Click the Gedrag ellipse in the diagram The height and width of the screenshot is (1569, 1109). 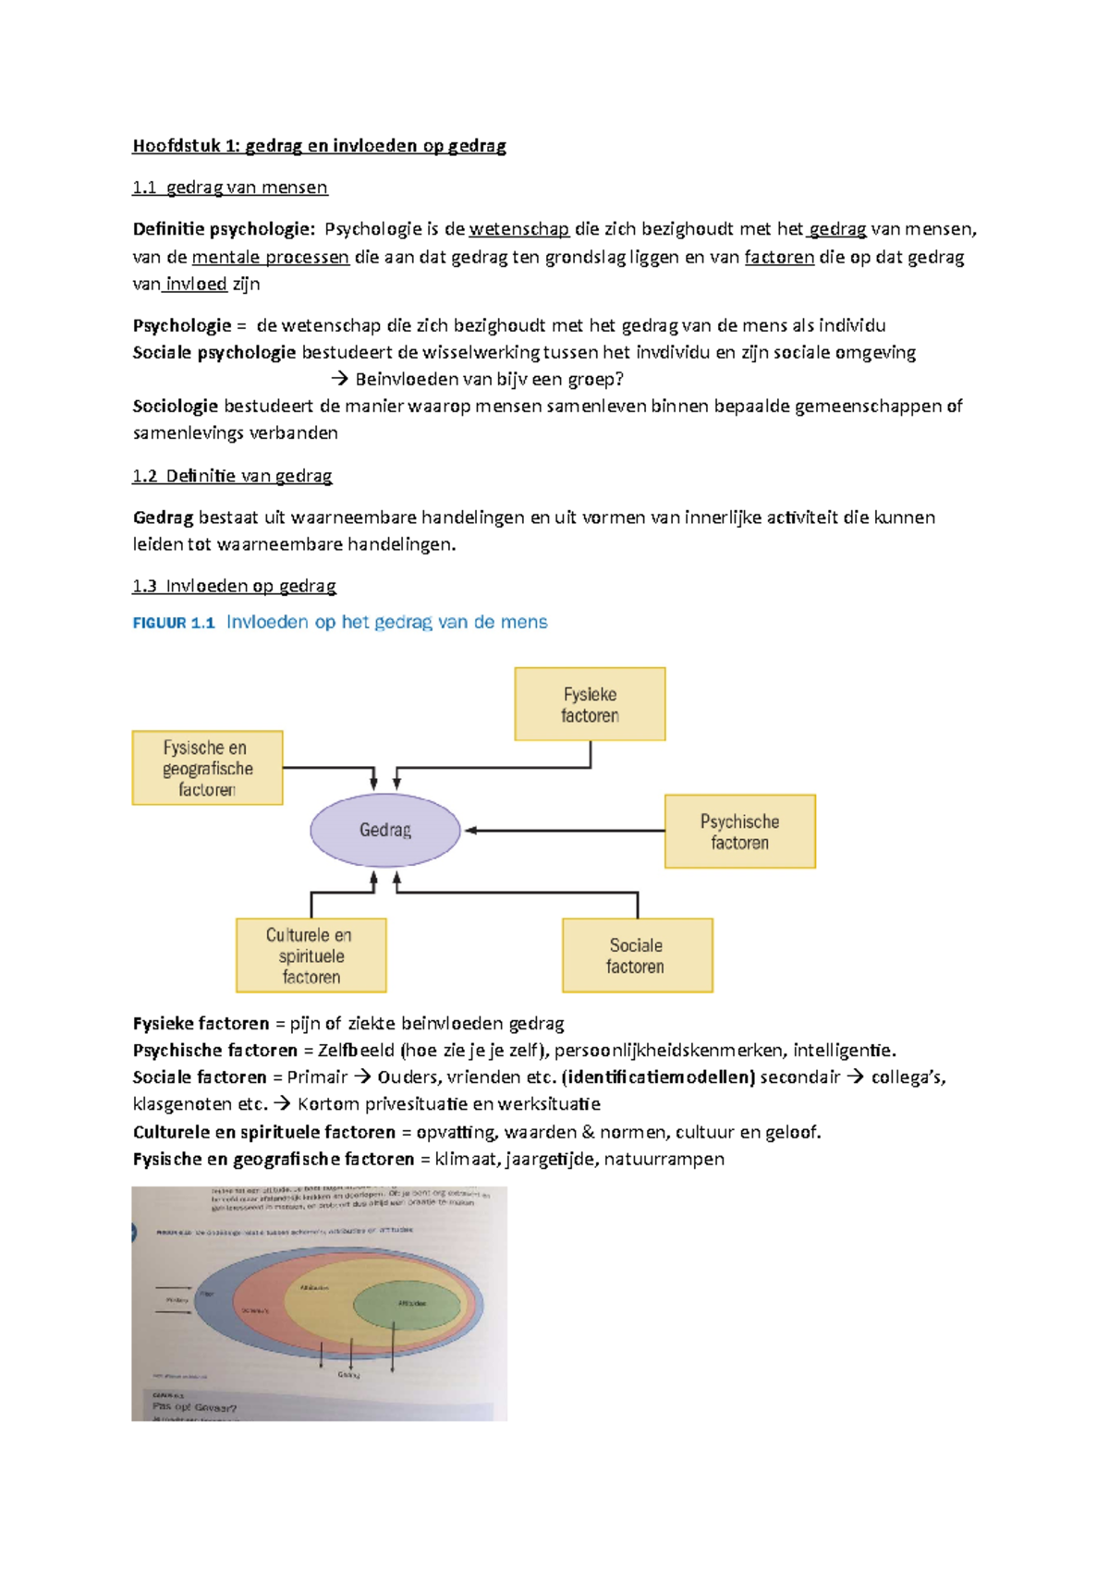point(384,830)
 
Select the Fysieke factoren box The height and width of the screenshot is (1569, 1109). point(590,704)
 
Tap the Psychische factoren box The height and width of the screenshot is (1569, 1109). point(739,831)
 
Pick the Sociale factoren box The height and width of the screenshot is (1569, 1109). point(637,955)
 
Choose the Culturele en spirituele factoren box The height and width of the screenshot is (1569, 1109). point(311,955)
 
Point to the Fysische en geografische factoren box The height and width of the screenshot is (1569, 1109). point(207,768)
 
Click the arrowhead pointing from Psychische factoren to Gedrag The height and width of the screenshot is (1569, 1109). point(470,831)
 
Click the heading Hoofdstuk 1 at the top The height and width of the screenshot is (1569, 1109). point(319,146)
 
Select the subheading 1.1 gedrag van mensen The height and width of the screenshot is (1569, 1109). point(229,188)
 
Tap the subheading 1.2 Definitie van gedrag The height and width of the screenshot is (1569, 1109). point(232,476)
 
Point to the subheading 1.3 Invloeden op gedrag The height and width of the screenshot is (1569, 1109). point(234,586)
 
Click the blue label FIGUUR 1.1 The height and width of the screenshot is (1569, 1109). point(174,623)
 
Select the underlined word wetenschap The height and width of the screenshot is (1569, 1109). point(518,229)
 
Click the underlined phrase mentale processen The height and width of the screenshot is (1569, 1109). point(270,257)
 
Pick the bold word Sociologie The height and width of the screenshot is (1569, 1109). point(175,406)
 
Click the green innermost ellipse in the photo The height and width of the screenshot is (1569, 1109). point(408,1304)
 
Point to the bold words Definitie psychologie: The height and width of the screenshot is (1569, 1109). point(223,229)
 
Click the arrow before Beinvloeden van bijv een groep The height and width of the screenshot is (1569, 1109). point(339,379)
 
